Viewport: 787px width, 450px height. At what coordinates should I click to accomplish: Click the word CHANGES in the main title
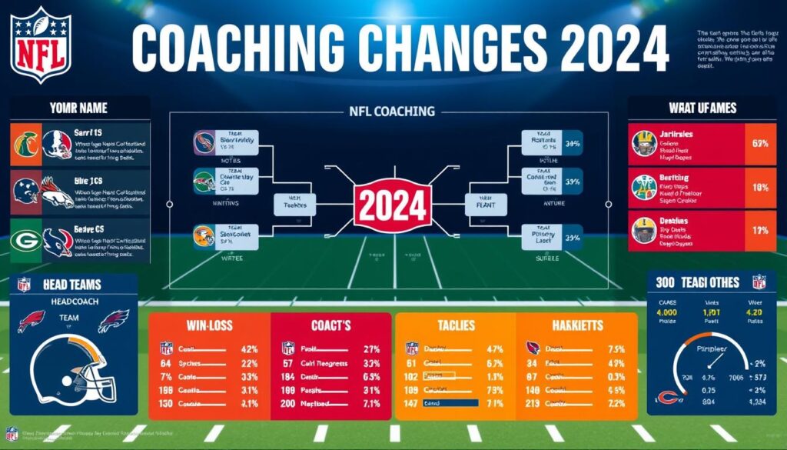(439, 47)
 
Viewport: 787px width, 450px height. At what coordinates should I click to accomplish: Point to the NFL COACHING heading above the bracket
(393, 112)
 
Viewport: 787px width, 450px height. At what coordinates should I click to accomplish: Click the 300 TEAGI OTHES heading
(699, 282)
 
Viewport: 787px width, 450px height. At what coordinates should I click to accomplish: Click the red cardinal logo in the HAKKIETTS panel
(532, 348)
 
